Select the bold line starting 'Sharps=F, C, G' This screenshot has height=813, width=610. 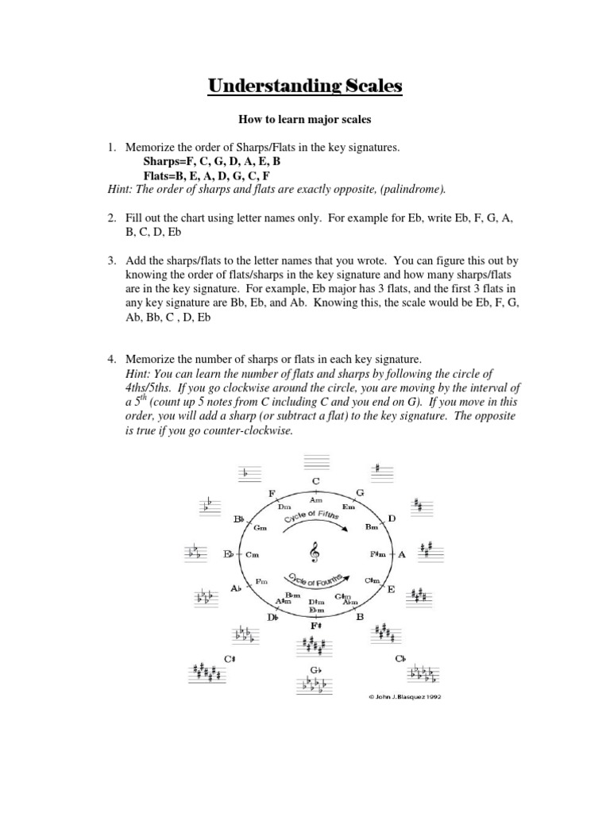pos(210,160)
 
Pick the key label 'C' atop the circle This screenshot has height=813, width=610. pos(315,481)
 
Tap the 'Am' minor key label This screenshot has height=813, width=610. pos(315,500)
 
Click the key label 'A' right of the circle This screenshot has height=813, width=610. pos(401,554)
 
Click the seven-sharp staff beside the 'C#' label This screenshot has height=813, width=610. pos(207,674)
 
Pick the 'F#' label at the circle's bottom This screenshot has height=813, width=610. pos(315,626)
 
